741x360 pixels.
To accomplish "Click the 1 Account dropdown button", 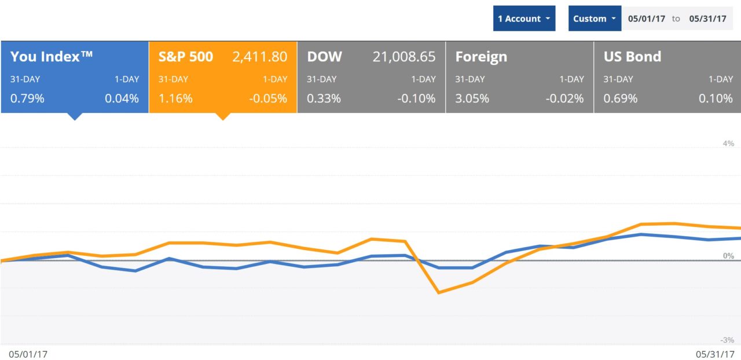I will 524,19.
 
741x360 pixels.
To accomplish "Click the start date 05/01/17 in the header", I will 646,19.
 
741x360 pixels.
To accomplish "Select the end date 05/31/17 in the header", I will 707,19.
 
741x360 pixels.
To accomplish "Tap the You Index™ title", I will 52,57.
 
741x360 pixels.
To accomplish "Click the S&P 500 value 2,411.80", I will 259,57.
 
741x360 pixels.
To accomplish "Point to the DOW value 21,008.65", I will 403,57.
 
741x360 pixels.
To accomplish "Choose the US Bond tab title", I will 632,57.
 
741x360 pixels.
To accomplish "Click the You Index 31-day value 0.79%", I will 27,98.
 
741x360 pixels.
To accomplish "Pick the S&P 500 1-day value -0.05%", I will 268,98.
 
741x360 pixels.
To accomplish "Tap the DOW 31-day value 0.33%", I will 324,98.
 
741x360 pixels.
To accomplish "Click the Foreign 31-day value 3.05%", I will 472,98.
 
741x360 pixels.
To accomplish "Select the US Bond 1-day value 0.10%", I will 716,98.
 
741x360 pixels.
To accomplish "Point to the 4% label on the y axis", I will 728,143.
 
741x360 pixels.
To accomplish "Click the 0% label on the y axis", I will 728,255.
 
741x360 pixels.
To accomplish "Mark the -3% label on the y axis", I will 727,340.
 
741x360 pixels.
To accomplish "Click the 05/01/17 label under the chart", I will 28,352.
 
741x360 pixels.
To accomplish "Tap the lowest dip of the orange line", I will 439,292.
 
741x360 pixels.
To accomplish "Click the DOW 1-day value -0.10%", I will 416,98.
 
